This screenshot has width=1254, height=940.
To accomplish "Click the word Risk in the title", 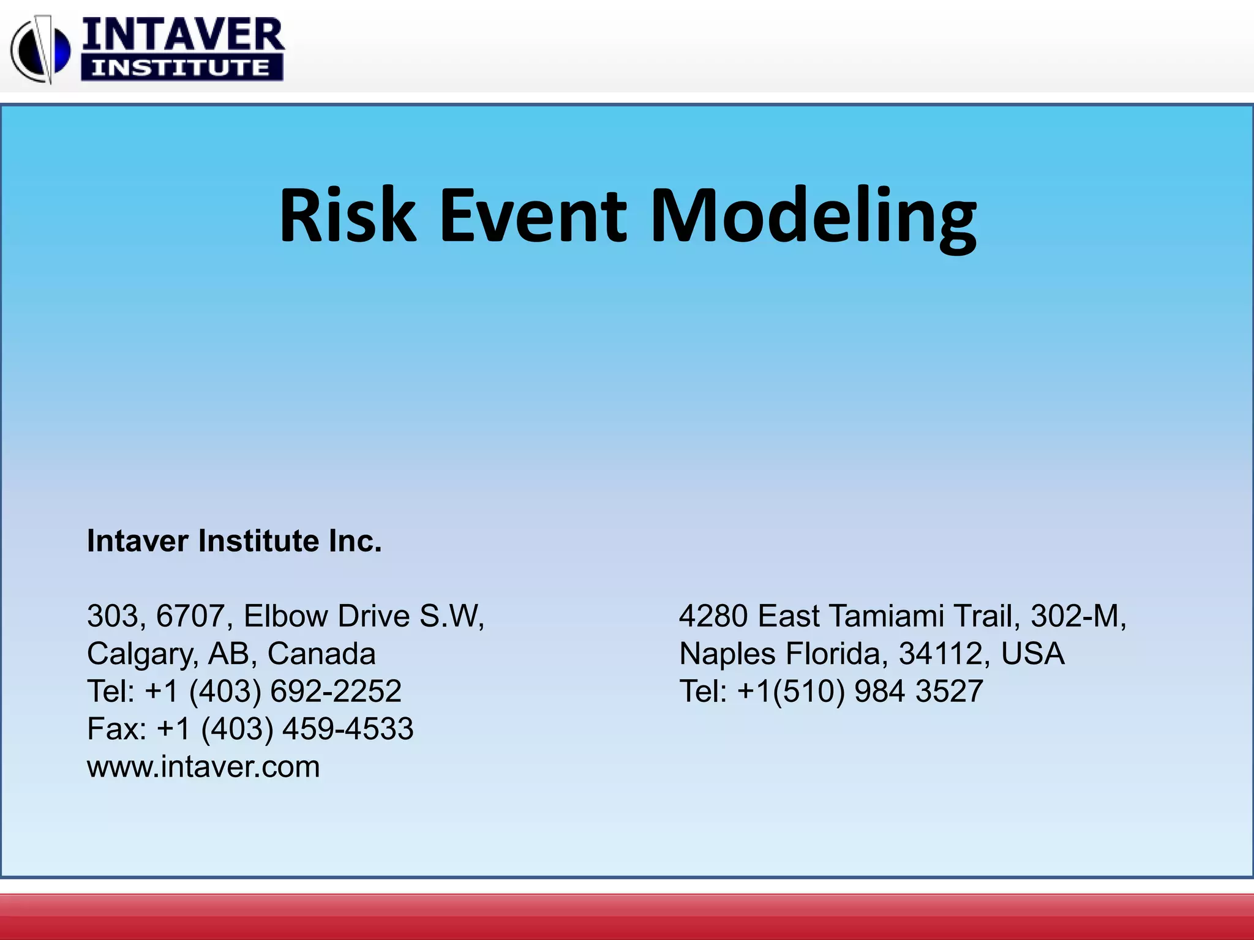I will [347, 215].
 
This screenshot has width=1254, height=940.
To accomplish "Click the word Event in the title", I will [533, 215].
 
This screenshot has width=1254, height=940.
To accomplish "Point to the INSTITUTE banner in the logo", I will [182, 67].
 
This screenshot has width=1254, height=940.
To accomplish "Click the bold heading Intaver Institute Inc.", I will [234, 541].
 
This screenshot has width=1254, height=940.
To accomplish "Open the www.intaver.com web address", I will [203, 767].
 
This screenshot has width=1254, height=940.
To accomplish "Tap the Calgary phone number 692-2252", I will [336, 691].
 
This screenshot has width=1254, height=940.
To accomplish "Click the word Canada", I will [321, 654].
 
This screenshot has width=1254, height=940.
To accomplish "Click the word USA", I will [1033, 654].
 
